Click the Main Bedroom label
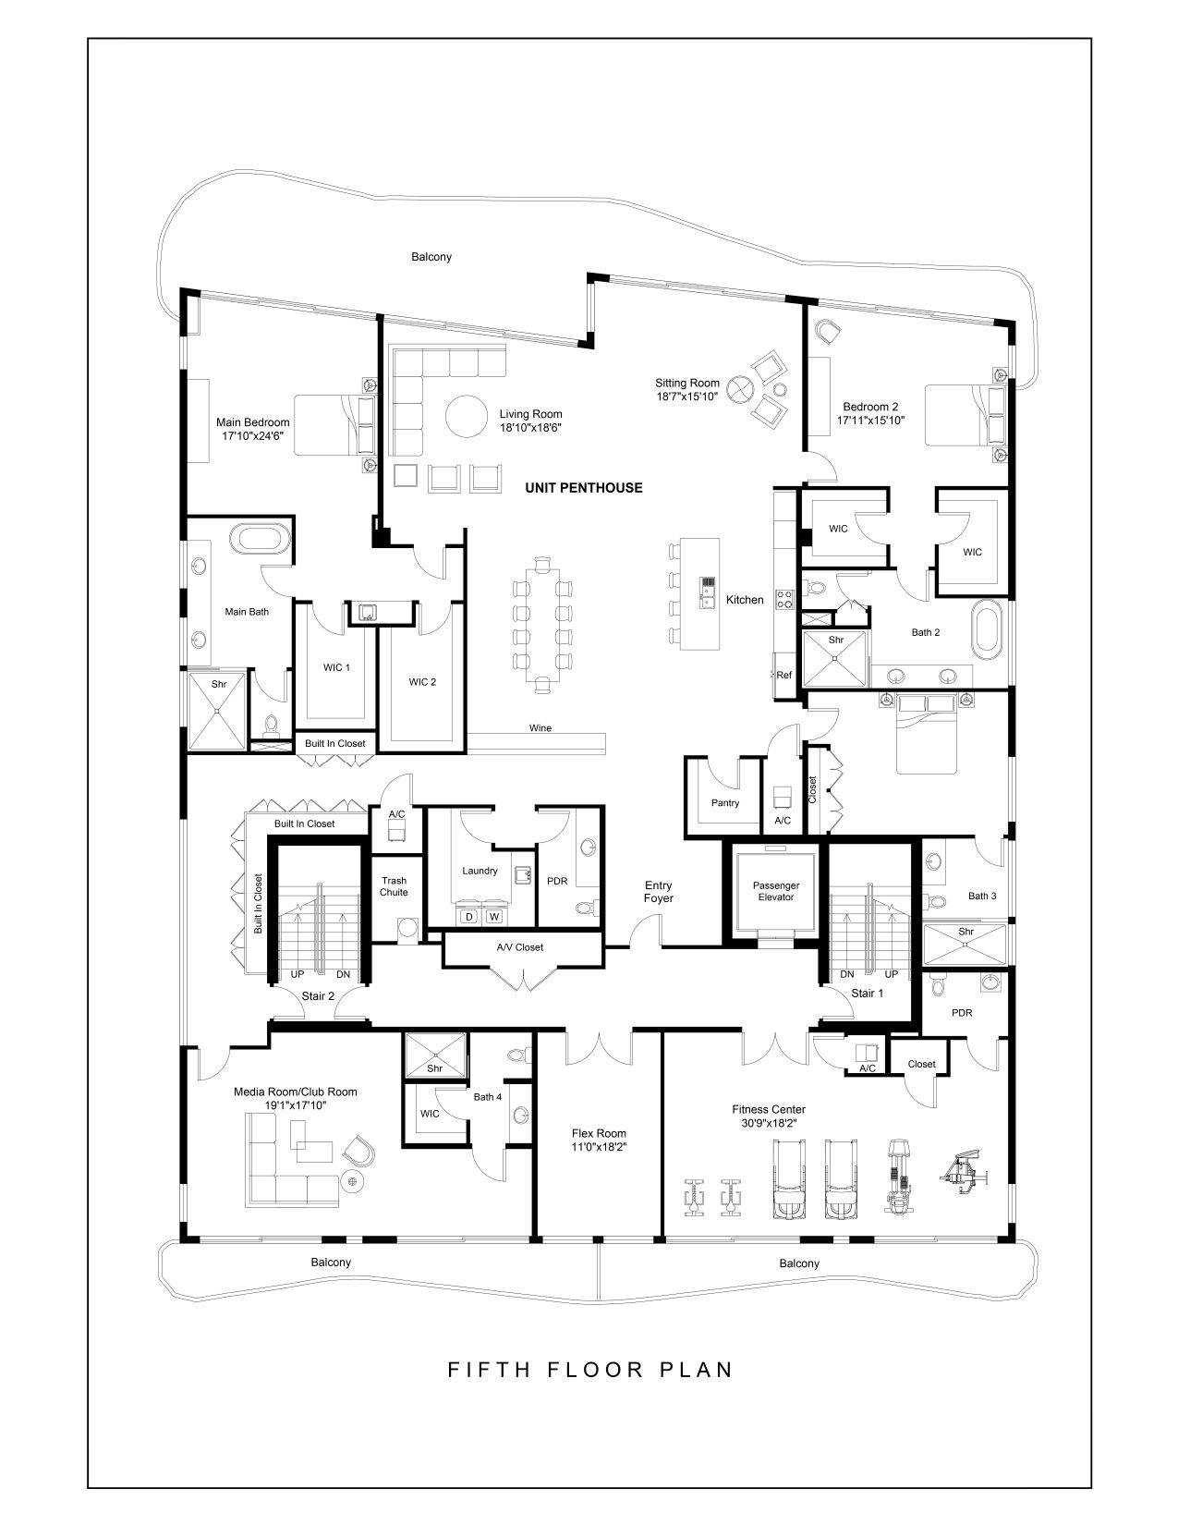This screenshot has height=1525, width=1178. tap(252, 422)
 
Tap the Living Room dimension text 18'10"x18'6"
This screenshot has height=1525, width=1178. tap(530, 427)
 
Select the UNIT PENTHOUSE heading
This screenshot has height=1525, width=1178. tap(584, 488)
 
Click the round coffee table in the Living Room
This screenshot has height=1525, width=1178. tap(466, 416)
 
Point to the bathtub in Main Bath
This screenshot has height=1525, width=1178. tap(261, 540)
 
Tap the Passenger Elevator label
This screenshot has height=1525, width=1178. tap(776, 891)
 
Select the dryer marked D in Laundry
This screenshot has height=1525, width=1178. tap(469, 917)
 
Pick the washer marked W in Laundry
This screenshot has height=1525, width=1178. tap(494, 917)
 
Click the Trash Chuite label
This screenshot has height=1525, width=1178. tap(394, 886)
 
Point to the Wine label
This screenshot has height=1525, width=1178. tap(540, 727)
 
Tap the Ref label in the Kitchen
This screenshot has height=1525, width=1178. tap(783, 675)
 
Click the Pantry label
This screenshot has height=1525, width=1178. tap(724, 802)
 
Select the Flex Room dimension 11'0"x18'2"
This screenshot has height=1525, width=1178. tap(599, 1147)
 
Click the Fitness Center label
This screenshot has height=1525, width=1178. tap(769, 1109)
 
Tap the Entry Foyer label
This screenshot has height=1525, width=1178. tap(658, 892)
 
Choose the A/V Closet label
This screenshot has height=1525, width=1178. tap(520, 947)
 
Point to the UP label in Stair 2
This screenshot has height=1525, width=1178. tap(298, 975)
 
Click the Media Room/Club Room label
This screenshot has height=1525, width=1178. tap(296, 1092)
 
